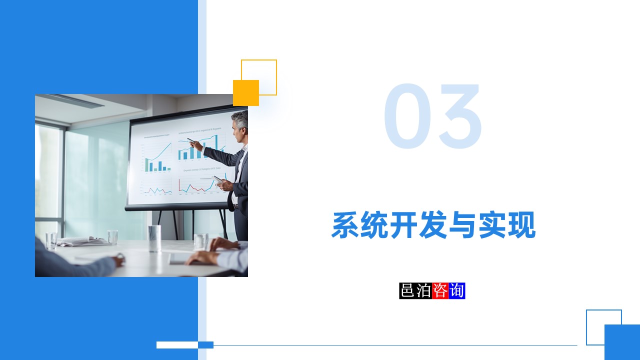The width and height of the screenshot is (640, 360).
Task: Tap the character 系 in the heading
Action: [346, 225]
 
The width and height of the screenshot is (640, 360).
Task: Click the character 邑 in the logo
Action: [407, 291]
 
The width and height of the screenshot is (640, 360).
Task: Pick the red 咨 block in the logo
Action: [440, 291]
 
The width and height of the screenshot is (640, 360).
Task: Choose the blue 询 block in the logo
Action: [457, 291]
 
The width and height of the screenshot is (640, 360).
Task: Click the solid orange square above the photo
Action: [246, 93]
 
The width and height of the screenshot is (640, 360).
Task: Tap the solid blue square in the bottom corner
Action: [622, 342]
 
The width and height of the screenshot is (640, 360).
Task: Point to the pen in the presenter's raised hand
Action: [191, 140]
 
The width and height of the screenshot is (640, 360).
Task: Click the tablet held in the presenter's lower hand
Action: [218, 179]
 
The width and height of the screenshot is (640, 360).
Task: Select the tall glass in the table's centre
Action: [154, 238]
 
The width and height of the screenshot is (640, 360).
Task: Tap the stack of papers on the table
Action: [80, 241]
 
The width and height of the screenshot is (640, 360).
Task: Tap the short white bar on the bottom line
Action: [177, 344]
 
